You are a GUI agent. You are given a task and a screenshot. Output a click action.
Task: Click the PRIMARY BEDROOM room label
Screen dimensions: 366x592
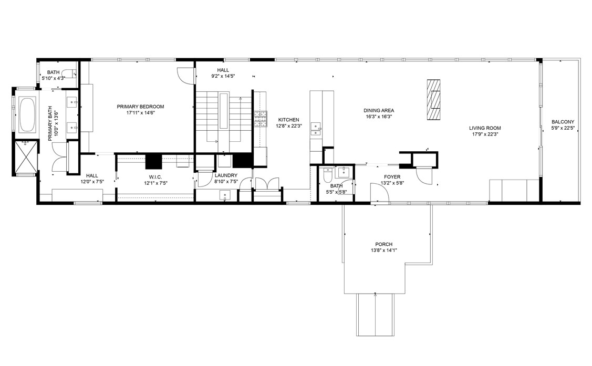click(140, 107)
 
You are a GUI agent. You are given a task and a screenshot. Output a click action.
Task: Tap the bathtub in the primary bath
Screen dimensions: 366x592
click(27, 114)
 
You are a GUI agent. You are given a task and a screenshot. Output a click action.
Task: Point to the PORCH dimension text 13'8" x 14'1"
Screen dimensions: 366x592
click(383, 250)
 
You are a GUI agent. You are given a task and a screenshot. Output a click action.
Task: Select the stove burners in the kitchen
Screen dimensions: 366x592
click(260, 119)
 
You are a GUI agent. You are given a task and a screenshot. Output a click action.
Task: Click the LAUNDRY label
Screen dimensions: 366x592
click(226, 175)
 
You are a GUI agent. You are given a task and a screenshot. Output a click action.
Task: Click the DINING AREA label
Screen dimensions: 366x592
click(379, 111)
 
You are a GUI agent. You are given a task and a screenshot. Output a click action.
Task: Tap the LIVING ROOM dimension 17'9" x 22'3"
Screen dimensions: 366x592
click(485, 134)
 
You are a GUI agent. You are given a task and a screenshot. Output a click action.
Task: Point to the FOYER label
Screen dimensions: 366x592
click(392, 177)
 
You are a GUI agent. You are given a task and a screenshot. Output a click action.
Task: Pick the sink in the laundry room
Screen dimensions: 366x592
click(225, 195)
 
